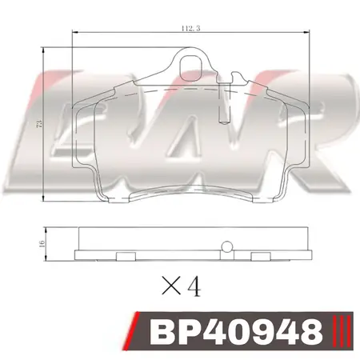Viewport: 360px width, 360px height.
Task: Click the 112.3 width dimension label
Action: point(190,28)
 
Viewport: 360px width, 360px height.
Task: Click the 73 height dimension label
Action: point(39,124)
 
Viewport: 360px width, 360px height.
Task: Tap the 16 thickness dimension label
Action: point(42,243)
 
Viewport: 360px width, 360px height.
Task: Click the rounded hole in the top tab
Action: point(190,68)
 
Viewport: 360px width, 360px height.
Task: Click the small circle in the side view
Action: point(227,246)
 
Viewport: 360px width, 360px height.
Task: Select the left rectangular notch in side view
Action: point(126,256)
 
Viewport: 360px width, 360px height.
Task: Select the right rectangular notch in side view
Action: point(261,256)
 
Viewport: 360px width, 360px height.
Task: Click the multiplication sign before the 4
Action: point(171,285)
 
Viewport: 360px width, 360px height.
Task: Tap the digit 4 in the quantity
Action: point(194,286)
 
